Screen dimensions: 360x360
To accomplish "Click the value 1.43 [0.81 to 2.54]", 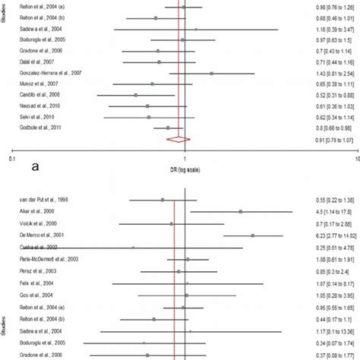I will (x=328, y=73).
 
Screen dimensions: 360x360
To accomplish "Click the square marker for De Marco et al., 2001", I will (x=252, y=235).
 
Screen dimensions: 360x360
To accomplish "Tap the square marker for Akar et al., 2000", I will (x=240, y=212).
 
